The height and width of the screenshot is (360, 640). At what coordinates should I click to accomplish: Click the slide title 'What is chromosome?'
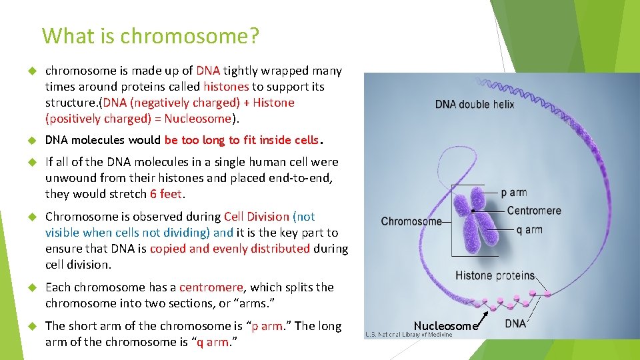[150, 35]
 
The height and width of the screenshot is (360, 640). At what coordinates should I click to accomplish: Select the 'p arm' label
[513, 193]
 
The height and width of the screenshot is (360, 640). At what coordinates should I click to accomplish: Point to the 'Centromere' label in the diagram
[533, 211]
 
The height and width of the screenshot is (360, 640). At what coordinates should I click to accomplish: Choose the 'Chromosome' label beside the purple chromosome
[411, 221]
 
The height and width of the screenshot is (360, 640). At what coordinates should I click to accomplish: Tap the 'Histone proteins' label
[495, 275]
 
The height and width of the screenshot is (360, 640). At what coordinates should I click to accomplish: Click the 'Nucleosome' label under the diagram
[445, 326]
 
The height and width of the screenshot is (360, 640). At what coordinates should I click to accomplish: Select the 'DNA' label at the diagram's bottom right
[515, 323]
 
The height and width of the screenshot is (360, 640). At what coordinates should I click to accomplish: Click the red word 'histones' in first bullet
[226, 87]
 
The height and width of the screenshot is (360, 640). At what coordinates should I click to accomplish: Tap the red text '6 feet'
[166, 194]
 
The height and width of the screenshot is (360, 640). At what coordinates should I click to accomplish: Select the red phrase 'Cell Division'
[257, 217]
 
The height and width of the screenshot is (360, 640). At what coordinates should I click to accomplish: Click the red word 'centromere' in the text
[211, 287]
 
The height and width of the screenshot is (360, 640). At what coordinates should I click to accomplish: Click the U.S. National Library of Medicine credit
[409, 335]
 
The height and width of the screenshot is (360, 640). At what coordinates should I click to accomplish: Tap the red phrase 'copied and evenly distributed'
[230, 249]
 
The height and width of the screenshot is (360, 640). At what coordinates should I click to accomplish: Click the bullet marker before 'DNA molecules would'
[31, 141]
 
